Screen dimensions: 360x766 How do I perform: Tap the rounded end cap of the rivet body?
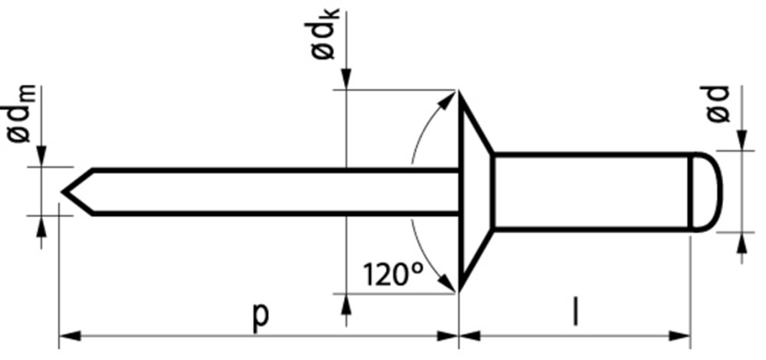point(706,191)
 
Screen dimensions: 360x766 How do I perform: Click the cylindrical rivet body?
point(590,191)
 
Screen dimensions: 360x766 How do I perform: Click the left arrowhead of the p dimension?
point(67,335)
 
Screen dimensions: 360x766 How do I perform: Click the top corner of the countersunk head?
point(459,92)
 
